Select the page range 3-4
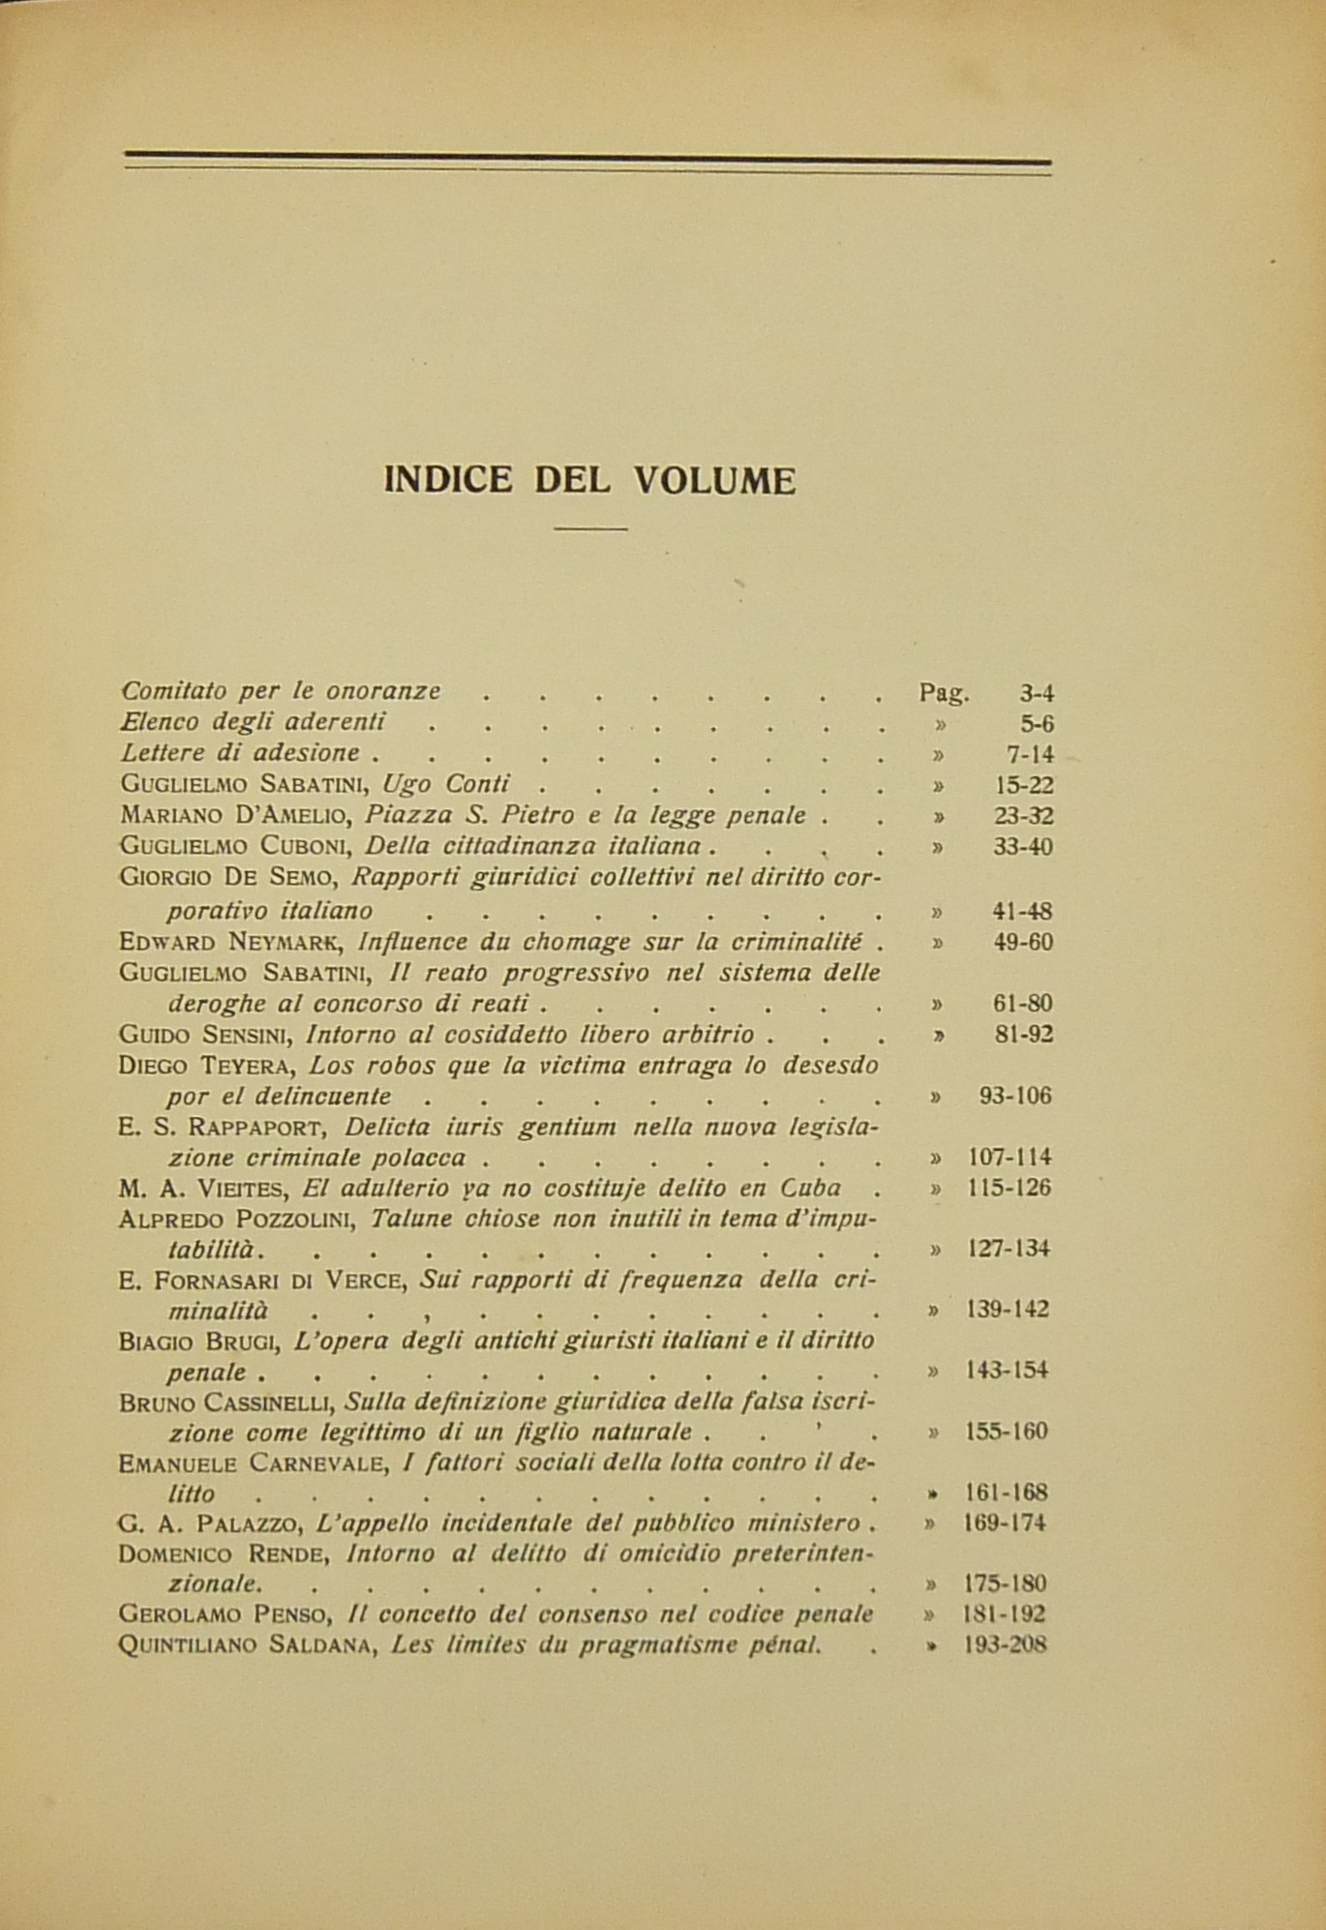tap(1037, 693)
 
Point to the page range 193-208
tap(1006, 1644)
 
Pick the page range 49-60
tap(1022, 943)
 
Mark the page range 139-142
tap(1007, 1310)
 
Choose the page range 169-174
tap(1006, 1523)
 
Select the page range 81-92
tap(1023, 1035)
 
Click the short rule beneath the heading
tap(590, 528)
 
